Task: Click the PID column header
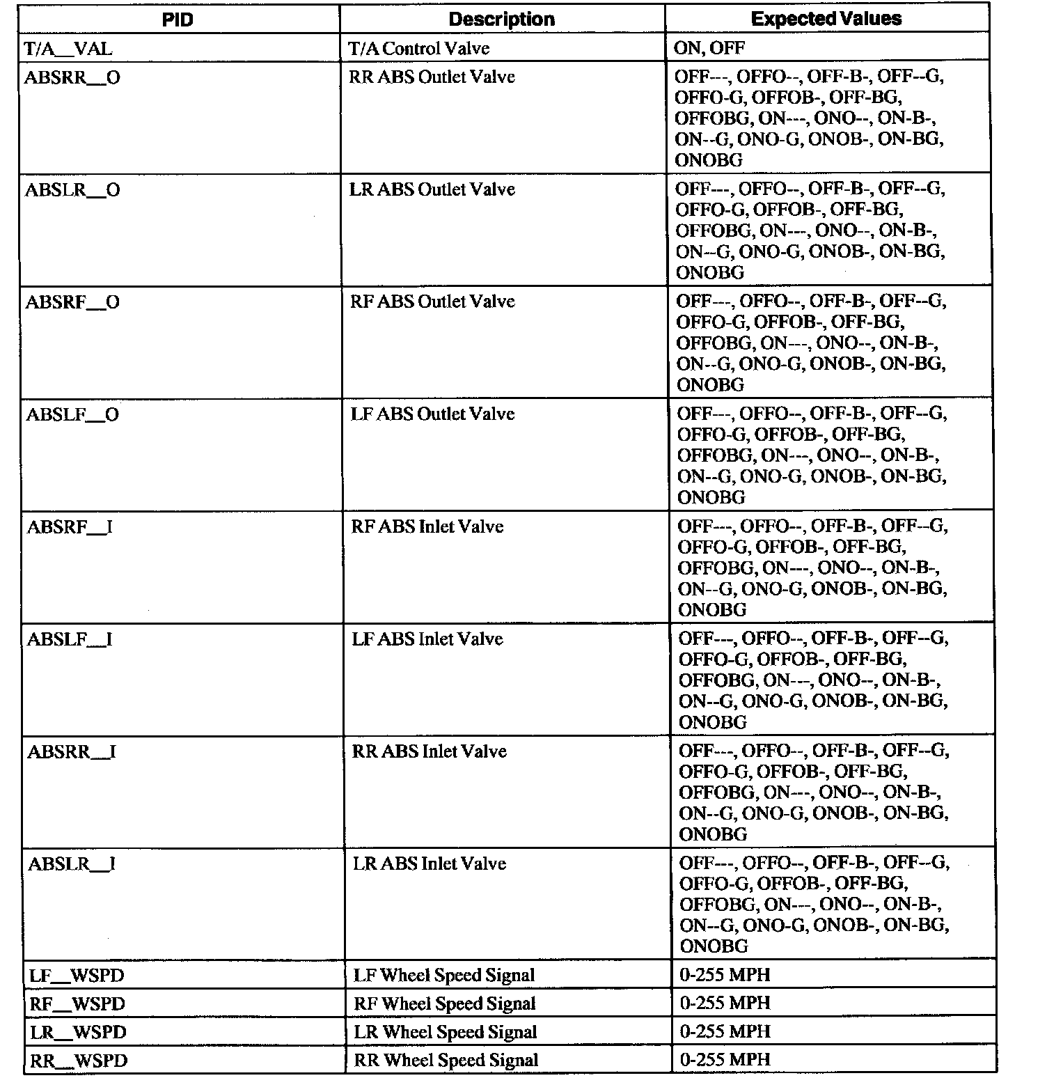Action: pyautogui.click(x=178, y=19)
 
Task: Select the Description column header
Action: pyautogui.click(x=501, y=19)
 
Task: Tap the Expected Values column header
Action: pyautogui.click(x=826, y=19)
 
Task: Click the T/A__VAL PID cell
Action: pyautogui.click(x=68, y=48)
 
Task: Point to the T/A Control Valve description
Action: pyautogui.click(x=418, y=48)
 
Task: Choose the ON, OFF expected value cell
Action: pyautogui.click(x=709, y=48)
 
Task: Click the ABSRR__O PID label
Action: pyautogui.click(x=72, y=77)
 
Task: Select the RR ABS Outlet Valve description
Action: pyautogui.click(x=432, y=77)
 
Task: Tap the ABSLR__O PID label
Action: pyautogui.click(x=72, y=190)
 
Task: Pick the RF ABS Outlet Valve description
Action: pyautogui.click(x=432, y=302)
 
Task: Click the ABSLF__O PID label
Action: pyautogui.click(x=72, y=415)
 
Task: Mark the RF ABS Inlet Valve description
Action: pyautogui.click(x=427, y=526)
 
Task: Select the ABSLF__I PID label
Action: pyautogui.click(x=70, y=639)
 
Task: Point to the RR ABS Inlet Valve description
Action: pyautogui.click(x=429, y=751)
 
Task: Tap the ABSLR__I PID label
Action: pyautogui.click(x=72, y=864)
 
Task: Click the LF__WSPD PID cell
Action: pyautogui.click(x=77, y=976)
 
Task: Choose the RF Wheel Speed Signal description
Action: pyautogui.click(x=445, y=1004)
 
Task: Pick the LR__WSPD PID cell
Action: pyautogui.click(x=78, y=1032)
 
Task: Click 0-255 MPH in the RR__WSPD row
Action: pyautogui.click(x=725, y=1060)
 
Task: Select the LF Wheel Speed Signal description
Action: pyautogui.click(x=444, y=976)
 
